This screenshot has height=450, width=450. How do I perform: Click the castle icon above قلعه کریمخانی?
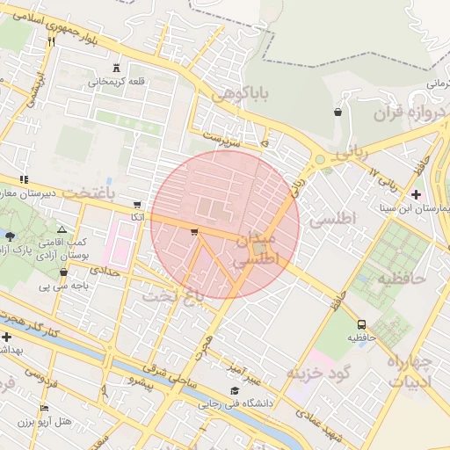116,69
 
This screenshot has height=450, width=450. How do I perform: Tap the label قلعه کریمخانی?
112,83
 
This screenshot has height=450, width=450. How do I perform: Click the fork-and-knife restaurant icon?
52,41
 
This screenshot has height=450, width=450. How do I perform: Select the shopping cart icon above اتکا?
135,203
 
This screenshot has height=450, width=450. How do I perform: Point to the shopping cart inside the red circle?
193,232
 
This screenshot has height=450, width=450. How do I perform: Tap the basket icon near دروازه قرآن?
338,112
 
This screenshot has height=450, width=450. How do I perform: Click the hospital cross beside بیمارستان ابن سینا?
416,193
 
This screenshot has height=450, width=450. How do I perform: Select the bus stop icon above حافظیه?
361,323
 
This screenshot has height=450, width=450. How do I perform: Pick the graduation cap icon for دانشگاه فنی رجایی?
234,391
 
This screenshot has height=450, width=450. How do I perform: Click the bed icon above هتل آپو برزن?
46,408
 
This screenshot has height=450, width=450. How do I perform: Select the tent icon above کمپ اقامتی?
61,228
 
